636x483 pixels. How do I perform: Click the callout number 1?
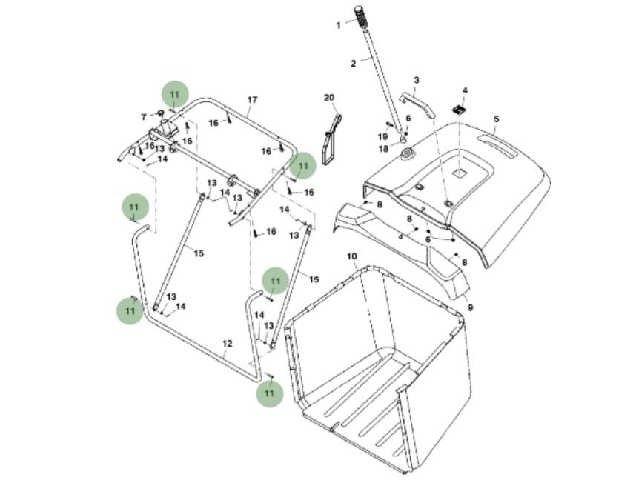(x=339, y=25)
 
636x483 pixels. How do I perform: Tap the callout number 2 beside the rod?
(x=354, y=63)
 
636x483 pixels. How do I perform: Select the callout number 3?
(x=416, y=80)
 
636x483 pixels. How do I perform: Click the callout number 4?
(x=465, y=91)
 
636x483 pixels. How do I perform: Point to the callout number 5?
(x=496, y=119)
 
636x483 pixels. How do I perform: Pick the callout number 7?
(x=144, y=117)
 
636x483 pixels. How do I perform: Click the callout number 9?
(x=470, y=307)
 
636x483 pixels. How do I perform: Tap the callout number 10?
(x=352, y=256)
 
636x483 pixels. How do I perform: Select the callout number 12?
(x=228, y=344)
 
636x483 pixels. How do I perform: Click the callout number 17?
(x=252, y=100)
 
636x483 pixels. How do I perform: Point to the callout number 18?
(x=384, y=149)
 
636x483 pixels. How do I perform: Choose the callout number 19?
(x=383, y=137)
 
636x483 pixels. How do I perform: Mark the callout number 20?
(x=329, y=98)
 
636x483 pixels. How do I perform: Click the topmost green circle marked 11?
(x=175, y=95)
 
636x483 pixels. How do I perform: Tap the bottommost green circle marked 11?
(x=270, y=393)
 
